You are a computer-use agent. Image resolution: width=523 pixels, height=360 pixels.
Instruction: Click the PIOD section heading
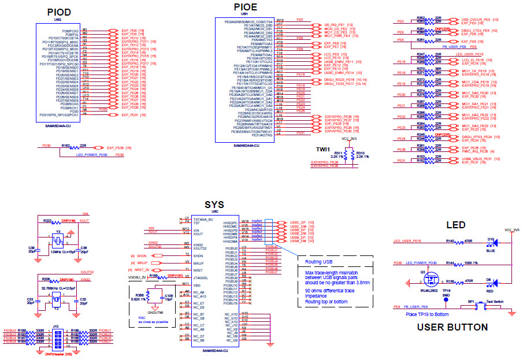pos(59,12)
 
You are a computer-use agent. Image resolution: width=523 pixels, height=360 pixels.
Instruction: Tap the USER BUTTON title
pos(452,327)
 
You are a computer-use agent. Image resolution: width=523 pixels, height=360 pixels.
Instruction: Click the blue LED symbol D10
pos(491,242)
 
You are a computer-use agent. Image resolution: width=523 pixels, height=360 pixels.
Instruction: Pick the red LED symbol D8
pos(491,283)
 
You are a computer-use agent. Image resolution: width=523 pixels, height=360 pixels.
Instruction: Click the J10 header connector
pos(56,336)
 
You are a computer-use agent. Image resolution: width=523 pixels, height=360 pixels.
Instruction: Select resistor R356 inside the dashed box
pos(148,296)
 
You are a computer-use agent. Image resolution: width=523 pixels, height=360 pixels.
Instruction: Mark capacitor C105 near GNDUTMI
pos(168,296)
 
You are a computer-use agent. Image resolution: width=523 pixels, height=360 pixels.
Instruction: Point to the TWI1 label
pos(323,149)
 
